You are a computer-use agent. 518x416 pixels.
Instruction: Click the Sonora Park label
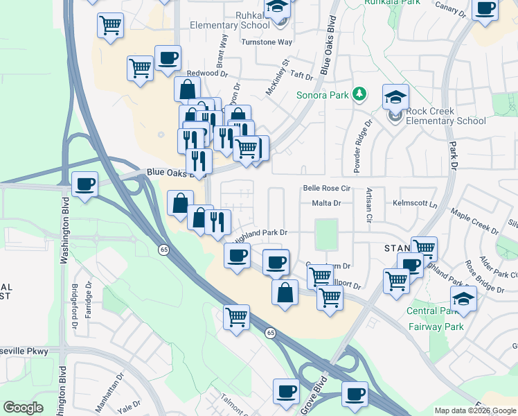click(323, 94)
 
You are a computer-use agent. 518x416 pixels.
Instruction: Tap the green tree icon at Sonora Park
click(359, 94)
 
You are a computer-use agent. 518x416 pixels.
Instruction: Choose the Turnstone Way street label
click(267, 42)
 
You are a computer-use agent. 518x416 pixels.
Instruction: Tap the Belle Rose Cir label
click(328, 188)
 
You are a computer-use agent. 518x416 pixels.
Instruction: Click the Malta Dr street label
click(327, 203)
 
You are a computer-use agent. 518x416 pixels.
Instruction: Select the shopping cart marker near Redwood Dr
click(140, 69)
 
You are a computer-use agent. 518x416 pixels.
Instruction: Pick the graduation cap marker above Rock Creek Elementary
click(395, 97)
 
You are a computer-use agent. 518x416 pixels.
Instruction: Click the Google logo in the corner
click(23, 407)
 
